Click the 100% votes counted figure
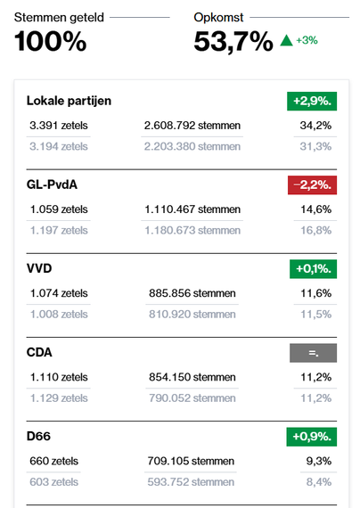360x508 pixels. point(51,41)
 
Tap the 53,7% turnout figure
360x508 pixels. point(233,41)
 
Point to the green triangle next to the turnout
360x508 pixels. point(285,40)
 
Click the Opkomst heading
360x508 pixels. point(218,16)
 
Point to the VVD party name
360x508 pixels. point(41,268)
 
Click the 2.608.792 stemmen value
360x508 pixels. point(192,125)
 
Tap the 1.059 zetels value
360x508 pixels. point(59,209)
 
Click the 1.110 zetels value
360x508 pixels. point(59,377)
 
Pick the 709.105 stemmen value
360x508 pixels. point(191,461)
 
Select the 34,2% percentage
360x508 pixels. point(316,125)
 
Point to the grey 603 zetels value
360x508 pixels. point(53,482)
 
